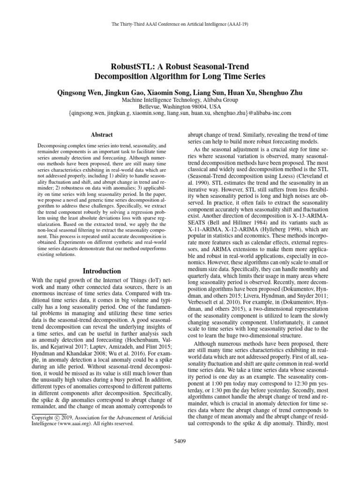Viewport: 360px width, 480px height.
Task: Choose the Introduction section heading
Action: (x=101, y=271)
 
